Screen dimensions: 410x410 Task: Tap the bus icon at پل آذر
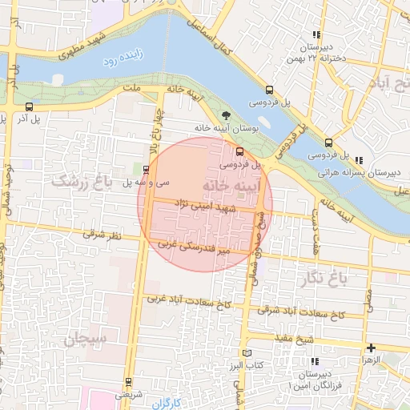click(30, 107)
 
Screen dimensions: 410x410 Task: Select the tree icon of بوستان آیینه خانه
click(225, 116)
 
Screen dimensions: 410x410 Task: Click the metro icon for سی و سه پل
click(145, 169)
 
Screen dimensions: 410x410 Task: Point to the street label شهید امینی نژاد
click(207, 206)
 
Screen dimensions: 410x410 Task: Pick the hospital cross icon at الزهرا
click(371, 348)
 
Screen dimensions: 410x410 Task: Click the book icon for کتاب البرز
click(247, 353)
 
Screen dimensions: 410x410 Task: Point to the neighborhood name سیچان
click(81, 340)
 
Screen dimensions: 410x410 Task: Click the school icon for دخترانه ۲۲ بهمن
click(317, 34)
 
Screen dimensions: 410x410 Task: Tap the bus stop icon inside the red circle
click(239, 152)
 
